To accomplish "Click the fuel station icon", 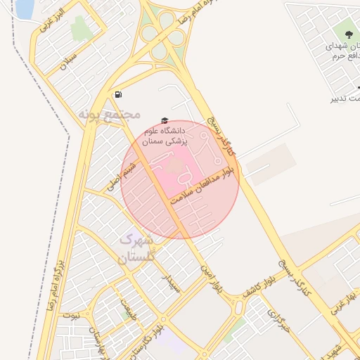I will tap(118, 94).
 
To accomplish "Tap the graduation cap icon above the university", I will tap(165, 121).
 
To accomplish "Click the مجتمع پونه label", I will tap(110, 113).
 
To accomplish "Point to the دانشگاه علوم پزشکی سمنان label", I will tap(164, 136).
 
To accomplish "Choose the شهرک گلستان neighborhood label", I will tap(135, 249).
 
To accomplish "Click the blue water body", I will tap(25, 8).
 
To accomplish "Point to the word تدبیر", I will tap(343, 98).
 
